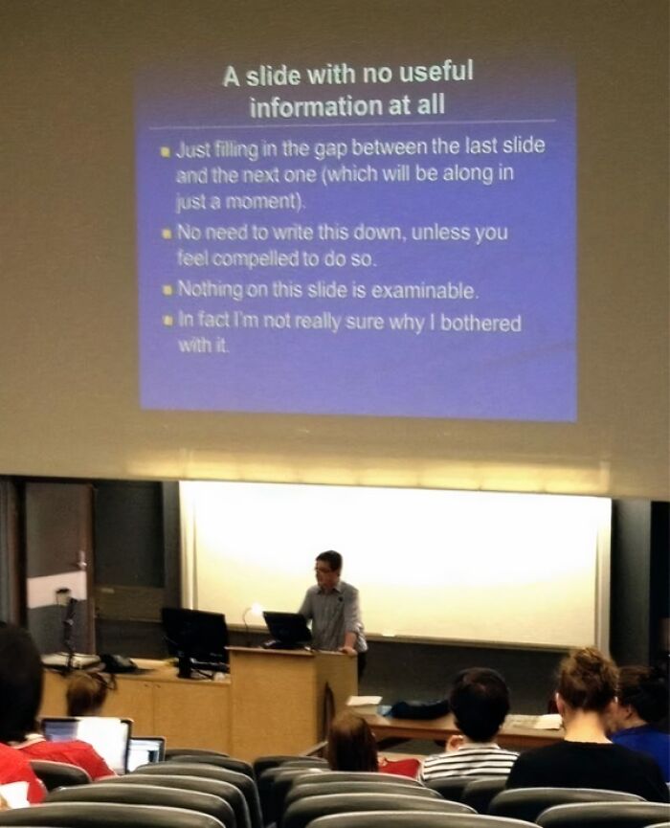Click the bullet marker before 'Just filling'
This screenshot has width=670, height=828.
(x=166, y=150)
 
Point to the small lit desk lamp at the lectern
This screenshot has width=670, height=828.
(x=255, y=611)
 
